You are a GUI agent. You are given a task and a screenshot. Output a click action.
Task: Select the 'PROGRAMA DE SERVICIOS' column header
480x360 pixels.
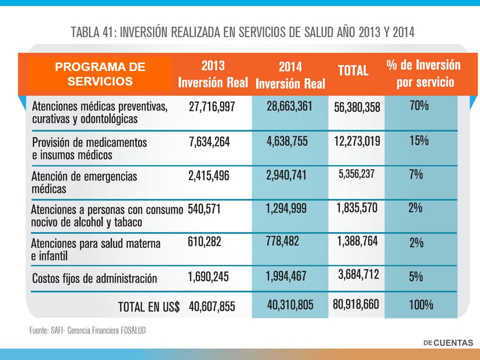point(100,74)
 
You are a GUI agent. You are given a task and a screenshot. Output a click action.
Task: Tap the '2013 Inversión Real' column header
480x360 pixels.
point(213,74)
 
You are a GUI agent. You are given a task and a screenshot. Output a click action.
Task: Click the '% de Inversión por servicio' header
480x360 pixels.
point(423,73)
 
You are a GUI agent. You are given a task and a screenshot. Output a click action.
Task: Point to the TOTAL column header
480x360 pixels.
point(353,70)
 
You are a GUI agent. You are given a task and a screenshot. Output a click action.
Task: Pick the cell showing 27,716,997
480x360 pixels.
point(212,107)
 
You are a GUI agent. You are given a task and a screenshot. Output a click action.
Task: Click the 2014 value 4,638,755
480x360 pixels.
point(287,141)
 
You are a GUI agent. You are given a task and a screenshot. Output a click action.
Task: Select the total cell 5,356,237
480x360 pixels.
point(356,174)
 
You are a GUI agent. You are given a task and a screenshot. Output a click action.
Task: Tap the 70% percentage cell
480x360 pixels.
point(419,105)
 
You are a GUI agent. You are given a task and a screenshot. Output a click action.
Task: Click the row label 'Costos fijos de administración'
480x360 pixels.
point(94,278)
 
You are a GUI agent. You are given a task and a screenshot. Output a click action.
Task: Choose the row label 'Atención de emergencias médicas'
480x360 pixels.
point(84,182)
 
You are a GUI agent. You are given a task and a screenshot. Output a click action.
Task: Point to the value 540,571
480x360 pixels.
point(204,209)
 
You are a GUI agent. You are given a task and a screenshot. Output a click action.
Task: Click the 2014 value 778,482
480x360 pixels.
point(282,241)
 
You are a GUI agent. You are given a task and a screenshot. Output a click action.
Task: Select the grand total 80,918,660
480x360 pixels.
point(355,304)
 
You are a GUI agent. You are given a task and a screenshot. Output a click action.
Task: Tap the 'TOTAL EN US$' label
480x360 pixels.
point(149,307)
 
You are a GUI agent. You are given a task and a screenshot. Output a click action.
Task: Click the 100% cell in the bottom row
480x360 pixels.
point(421,305)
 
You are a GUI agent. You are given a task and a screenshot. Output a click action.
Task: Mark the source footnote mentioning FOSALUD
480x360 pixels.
point(87,330)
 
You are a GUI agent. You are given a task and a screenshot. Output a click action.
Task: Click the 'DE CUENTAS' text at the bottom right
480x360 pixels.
point(448,343)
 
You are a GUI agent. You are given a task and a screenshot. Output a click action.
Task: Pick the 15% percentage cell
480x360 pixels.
point(419,140)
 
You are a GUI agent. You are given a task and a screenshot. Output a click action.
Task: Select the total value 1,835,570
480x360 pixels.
point(357,208)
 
